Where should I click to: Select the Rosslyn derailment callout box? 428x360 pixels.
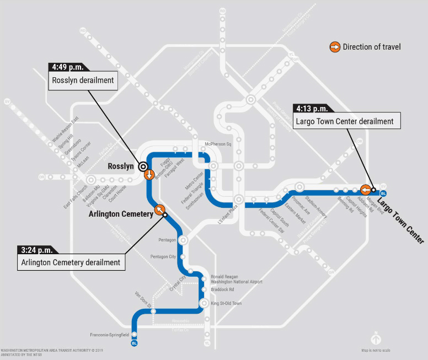click(83, 80)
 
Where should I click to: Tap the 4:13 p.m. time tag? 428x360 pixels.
click(312, 109)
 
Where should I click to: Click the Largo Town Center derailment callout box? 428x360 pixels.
click(345, 121)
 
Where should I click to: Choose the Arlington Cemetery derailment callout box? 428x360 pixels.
click(71, 262)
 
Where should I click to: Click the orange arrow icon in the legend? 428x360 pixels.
click(335, 47)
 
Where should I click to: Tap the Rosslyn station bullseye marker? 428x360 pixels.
click(143, 166)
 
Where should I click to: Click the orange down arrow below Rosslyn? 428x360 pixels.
click(149, 175)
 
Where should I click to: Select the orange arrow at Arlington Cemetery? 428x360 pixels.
click(160, 209)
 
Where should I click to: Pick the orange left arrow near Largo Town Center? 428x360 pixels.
click(365, 190)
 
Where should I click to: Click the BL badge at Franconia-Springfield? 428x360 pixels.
click(134, 343)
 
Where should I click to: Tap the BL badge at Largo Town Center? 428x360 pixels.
click(383, 193)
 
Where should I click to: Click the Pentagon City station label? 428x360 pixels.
click(163, 257)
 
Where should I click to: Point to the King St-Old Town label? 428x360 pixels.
click(226, 304)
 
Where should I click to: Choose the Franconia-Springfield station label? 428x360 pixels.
click(109, 335)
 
